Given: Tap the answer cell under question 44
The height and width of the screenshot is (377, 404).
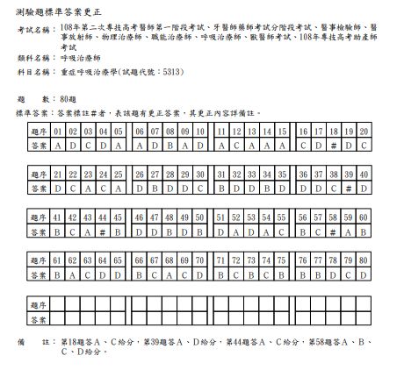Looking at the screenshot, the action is tap(103, 230).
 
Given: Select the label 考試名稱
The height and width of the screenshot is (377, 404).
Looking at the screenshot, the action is tap(32, 30).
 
